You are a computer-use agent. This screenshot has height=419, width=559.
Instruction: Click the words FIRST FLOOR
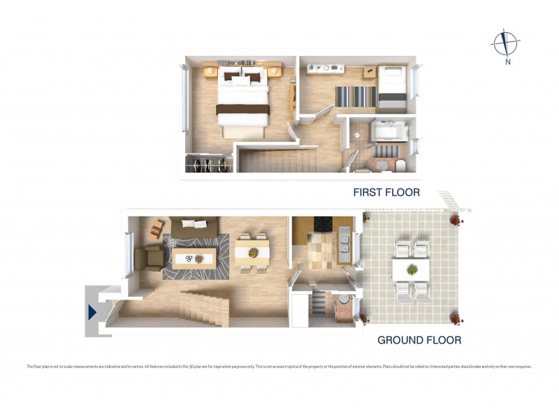coord(386,192)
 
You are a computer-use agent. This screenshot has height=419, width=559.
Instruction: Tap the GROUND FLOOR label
coord(419,340)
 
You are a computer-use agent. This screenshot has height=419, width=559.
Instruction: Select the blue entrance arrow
coord(92,313)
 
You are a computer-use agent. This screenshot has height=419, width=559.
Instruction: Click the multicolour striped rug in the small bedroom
coord(356,96)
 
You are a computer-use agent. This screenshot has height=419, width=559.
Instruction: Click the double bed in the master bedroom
coord(242,101)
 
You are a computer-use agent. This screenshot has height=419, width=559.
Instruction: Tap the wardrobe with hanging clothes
coord(208,164)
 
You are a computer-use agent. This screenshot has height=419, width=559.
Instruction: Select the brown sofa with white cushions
coord(195,227)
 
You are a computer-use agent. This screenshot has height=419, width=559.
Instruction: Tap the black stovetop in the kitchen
coord(324,225)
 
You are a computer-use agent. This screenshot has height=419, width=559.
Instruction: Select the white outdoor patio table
coord(411,269)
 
